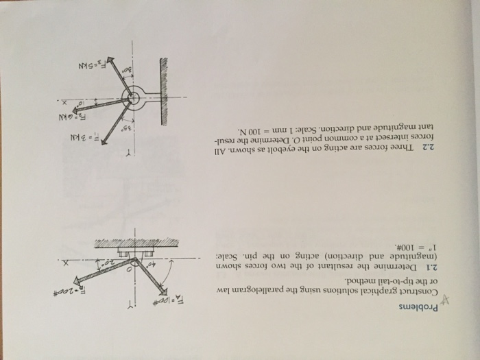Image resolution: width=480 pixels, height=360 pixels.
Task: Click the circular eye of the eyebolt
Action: coord(136,97)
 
